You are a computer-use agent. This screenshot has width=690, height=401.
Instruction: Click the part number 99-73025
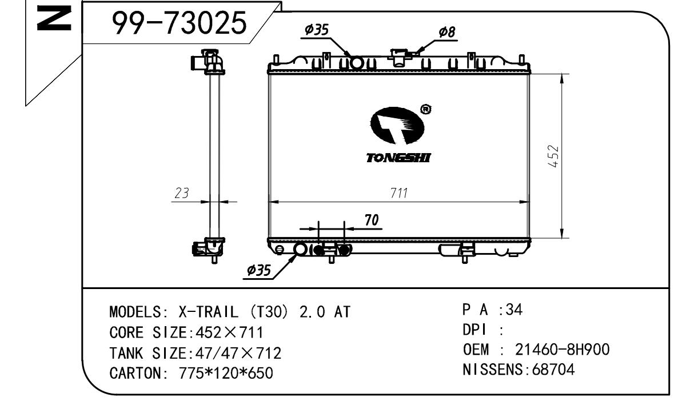180,22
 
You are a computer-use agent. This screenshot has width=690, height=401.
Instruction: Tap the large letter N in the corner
54,18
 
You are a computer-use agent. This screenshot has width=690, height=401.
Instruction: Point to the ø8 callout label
447,32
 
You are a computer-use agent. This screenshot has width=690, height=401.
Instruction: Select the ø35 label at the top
317,30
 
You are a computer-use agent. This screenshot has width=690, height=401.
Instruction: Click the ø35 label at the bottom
259,270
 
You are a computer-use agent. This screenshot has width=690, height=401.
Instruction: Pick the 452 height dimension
553,157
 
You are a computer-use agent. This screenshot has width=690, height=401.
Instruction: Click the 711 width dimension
399,193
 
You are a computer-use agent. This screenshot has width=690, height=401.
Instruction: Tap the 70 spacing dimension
372,220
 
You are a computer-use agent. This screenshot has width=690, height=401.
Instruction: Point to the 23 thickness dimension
181,193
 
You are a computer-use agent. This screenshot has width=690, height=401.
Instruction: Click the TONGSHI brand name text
398,158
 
